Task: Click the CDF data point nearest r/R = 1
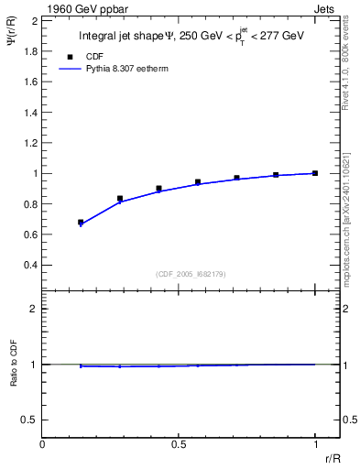pos(314,173)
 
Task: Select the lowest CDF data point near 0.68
pos(81,222)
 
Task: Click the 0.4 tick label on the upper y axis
pos(31,266)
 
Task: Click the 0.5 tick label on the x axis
pos(178,446)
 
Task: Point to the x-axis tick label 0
pos(43,446)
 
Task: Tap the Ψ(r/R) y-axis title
pos(13,40)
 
